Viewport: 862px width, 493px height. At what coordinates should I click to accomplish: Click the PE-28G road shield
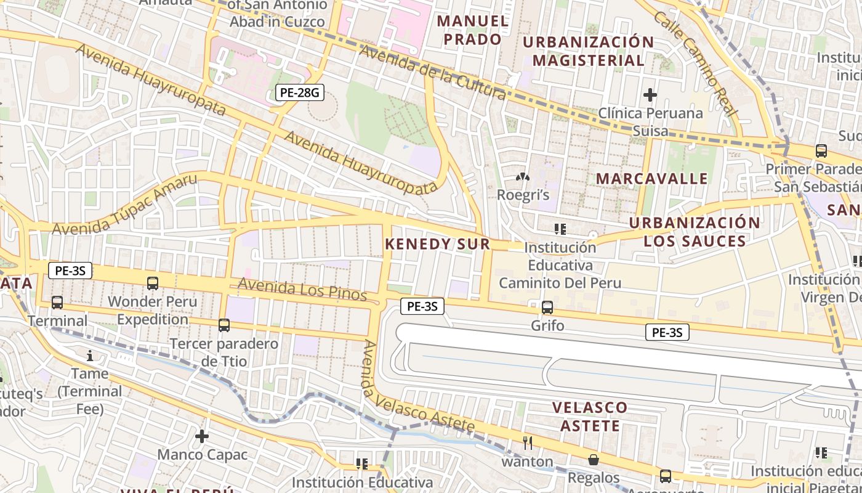299,93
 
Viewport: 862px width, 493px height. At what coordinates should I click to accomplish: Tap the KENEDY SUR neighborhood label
437,244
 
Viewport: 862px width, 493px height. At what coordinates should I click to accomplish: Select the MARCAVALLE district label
652,179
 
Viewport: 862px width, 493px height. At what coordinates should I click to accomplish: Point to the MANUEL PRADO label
473,30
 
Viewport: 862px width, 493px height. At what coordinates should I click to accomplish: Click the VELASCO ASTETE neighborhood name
589,417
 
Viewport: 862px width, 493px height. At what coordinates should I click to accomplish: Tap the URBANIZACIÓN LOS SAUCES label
695,232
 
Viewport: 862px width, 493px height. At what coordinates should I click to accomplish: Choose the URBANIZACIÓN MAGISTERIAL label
588,51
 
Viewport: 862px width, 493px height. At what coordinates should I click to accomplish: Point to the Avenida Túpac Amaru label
125,205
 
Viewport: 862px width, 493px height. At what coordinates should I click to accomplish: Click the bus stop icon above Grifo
547,307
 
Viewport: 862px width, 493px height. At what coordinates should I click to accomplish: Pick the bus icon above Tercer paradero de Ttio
224,325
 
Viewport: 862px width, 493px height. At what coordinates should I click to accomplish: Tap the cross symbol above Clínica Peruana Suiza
650,95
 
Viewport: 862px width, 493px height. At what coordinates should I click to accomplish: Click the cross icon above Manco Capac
202,436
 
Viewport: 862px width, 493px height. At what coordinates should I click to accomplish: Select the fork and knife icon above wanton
527,442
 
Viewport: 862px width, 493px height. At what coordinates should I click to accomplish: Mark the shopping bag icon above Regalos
594,460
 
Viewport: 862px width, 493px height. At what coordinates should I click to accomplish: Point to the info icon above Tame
90,355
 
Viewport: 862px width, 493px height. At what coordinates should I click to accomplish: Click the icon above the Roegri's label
523,177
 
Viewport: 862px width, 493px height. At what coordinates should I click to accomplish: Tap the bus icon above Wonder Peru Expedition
153,283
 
